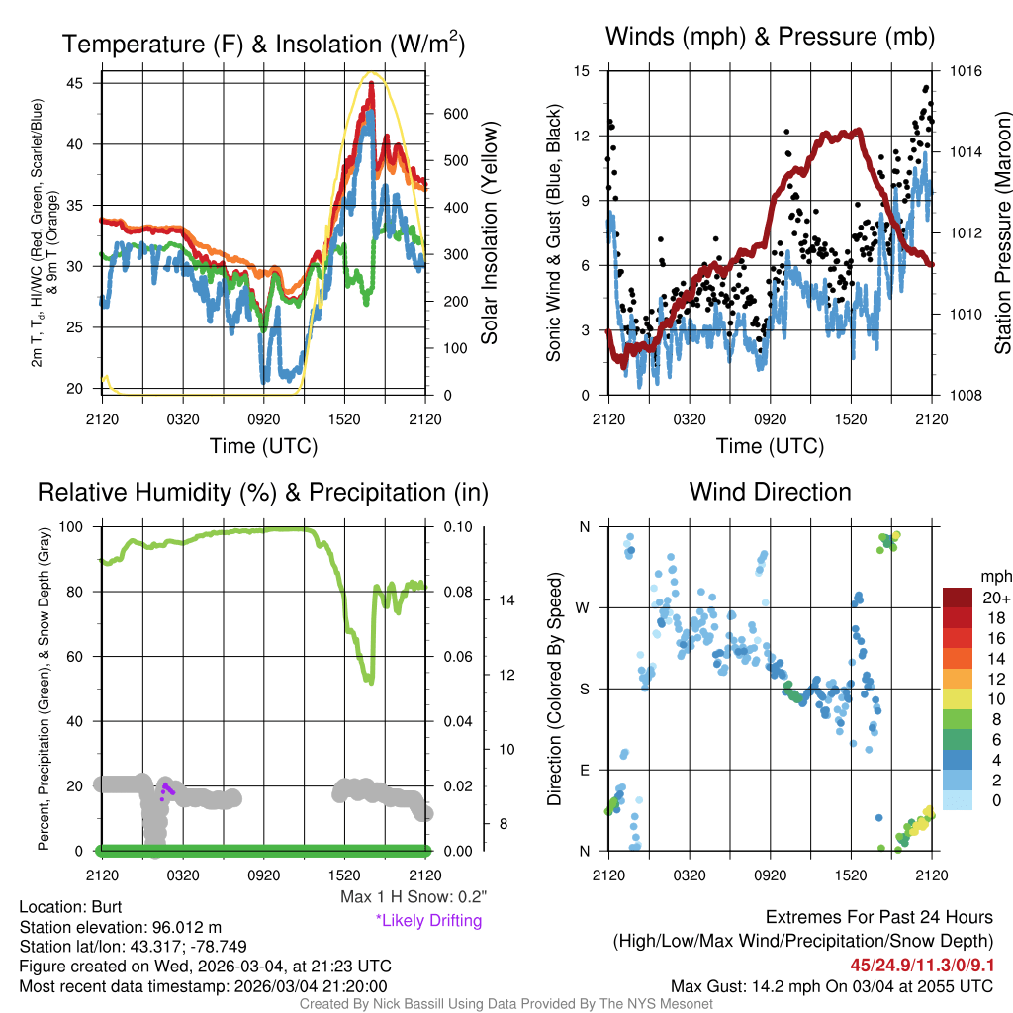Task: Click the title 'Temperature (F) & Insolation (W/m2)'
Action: point(263,45)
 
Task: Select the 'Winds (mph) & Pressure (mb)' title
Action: point(770,37)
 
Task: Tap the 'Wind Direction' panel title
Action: point(770,492)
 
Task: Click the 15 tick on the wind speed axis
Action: point(582,71)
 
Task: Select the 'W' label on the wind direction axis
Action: point(584,607)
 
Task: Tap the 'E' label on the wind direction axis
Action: point(585,770)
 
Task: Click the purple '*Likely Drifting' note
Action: point(428,921)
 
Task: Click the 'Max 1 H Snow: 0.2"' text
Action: point(413,897)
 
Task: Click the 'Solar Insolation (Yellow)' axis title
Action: point(490,233)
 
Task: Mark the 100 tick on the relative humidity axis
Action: point(76,527)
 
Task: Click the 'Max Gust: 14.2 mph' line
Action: point(832,986)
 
